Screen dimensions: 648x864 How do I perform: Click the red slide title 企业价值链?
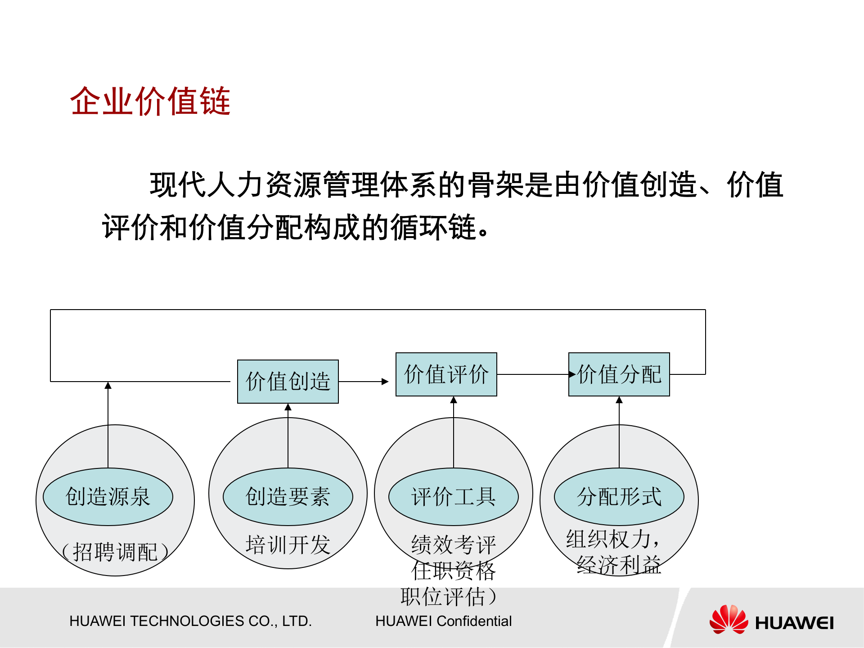pos(150,101)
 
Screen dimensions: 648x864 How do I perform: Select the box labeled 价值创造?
pos(288,382)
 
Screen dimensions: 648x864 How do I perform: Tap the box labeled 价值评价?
pos(446,374)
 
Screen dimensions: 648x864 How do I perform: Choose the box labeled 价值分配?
pos(619,374)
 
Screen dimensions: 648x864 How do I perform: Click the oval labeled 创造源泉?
pos(108,497)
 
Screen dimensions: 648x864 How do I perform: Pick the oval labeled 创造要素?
pos(288,497)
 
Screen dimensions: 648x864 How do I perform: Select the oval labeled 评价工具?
pos(454,497)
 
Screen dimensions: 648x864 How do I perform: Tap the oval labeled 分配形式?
pos(619,497)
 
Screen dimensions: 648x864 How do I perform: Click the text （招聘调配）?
pos(115,552)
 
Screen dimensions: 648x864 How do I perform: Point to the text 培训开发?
pos(288,545)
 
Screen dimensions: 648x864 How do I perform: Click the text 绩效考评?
pos(454,545)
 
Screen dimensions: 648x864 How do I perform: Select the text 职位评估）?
pos(449,597)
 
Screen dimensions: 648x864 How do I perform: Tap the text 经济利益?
pos(619,565)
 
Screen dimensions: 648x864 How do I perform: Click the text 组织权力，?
pos(613,539)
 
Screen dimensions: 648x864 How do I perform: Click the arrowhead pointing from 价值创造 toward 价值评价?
pos(385,382)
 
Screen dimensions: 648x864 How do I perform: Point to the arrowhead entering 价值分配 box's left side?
pos(572,374)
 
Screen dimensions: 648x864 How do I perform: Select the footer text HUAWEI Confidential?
pos(444,621)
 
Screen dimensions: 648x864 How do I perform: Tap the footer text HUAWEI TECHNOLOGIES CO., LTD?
pos(190,621)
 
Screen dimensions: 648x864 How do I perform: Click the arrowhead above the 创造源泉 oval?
pos(108,386)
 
